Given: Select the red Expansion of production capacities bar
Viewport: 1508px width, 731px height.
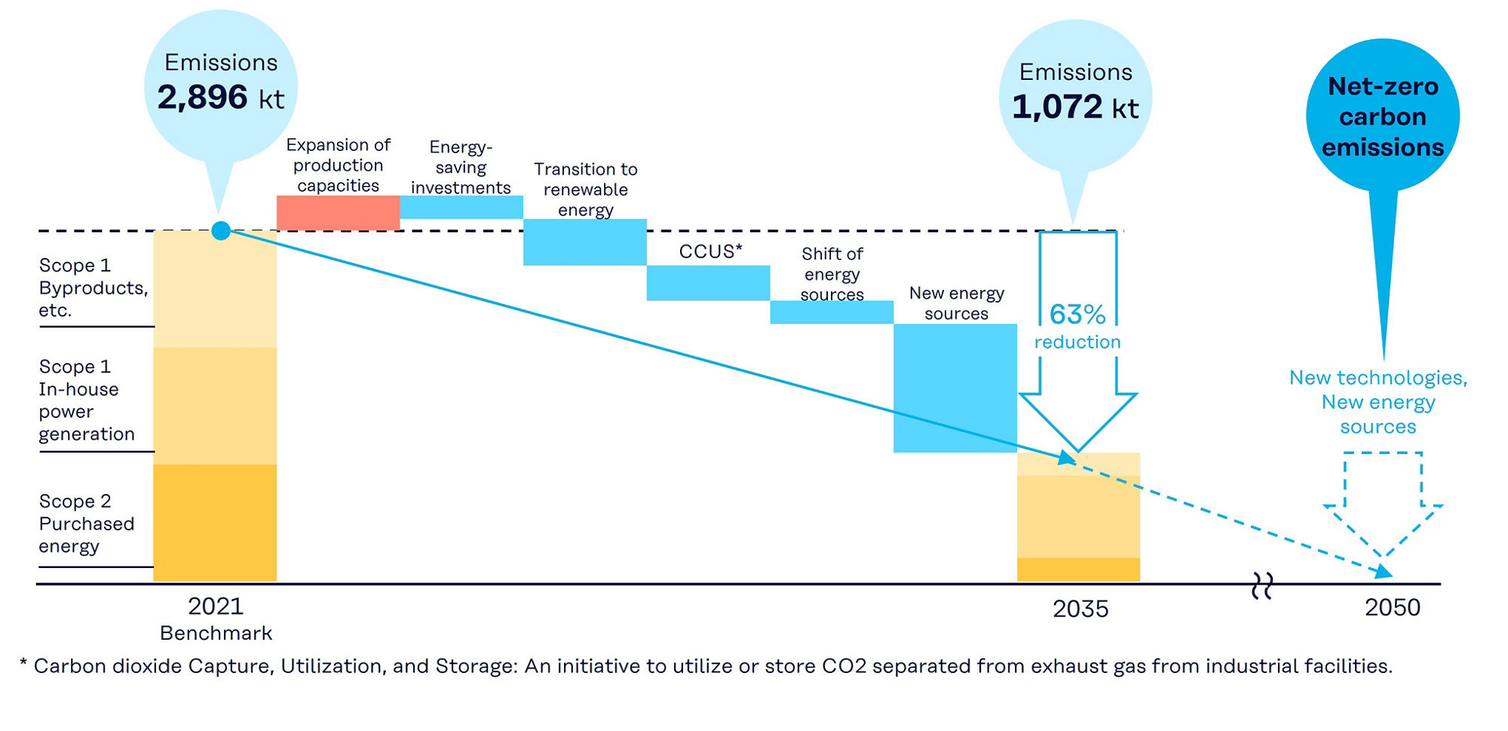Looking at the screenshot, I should tap(338, 213).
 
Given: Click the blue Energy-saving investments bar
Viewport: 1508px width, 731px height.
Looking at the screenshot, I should tap(461, 207).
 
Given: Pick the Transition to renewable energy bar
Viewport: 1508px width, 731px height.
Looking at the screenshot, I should tap(585, 242).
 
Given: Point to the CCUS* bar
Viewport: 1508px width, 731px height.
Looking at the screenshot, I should tap(708, 283).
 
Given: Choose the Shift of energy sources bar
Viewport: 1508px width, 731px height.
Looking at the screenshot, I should tap(832, 312).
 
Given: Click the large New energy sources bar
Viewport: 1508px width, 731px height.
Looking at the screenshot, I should tap(955, 388).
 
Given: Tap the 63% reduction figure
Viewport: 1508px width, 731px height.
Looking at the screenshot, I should tap(1077, 315).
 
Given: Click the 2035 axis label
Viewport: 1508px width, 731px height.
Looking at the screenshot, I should tap(1080, 609).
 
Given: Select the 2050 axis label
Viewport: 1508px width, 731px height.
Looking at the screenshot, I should tap(1392, 607).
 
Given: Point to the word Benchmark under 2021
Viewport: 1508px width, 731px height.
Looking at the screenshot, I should tap(216, 633).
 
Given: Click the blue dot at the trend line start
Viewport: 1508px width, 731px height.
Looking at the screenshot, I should tap(221, 231).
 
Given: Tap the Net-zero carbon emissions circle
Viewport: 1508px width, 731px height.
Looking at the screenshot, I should tap(1382, 116).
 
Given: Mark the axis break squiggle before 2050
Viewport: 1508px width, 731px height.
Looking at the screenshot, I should tap(1262, 585).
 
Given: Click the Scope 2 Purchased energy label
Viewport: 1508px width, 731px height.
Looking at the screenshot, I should tap(86, 524).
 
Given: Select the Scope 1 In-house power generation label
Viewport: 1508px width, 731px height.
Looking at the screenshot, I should tap(86, 400).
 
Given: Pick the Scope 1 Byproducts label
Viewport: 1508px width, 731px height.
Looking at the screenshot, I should tap(92, 287).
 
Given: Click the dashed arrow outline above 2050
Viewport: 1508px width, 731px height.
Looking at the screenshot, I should tap(1383, 502).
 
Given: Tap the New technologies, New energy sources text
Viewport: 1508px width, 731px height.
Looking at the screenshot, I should tap(1378, 402).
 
